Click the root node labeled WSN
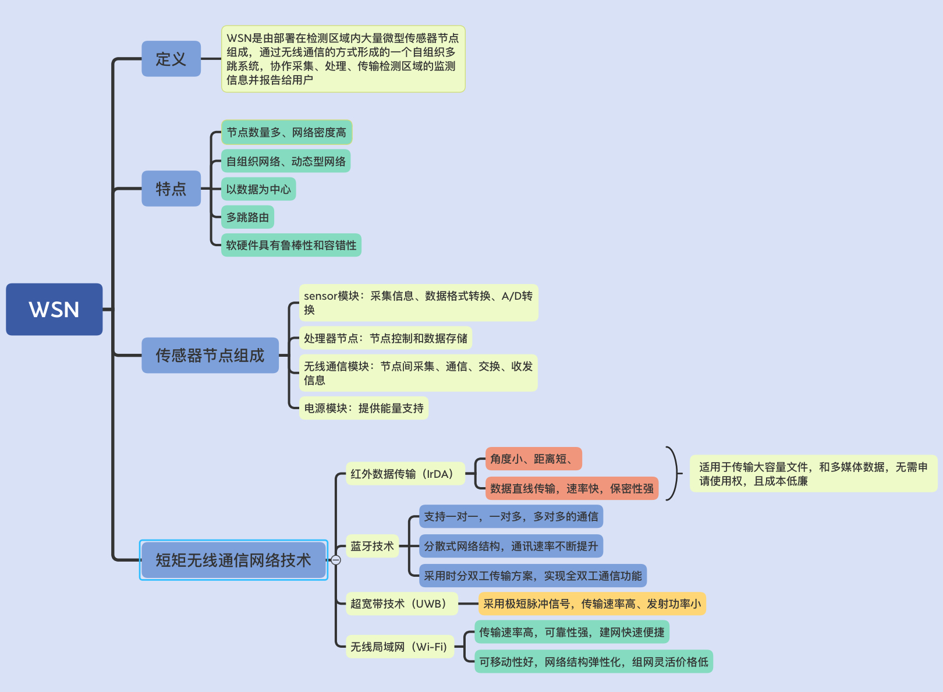click(x=54, y=309)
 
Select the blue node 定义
click(x=171, y=59)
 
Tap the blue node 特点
click(x=171, y=189)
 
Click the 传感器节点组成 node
click(x=210, y=355)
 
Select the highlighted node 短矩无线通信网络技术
click(x=233, y=560)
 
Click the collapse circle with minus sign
click(x=336, y=560)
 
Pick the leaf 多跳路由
click(x=247, y=217)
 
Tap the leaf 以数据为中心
click(x=258, y=189)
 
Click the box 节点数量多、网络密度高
click(x=286, y=132)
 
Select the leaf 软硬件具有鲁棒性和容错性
click(x=291, y=245)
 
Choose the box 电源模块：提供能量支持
click(x=363, y=408)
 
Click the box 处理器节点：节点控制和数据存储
click(x=385, y=338)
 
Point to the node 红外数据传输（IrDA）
click(x=405, y=474)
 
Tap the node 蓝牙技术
click(x=372, y=546)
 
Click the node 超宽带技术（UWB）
click(x=402, y=604)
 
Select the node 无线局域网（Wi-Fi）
click(x=399, y=647)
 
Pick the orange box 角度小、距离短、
click(x=533, y=459)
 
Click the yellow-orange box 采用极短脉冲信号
click(x=591, y=604)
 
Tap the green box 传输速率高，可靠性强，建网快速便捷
click(x=572, y=632)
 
